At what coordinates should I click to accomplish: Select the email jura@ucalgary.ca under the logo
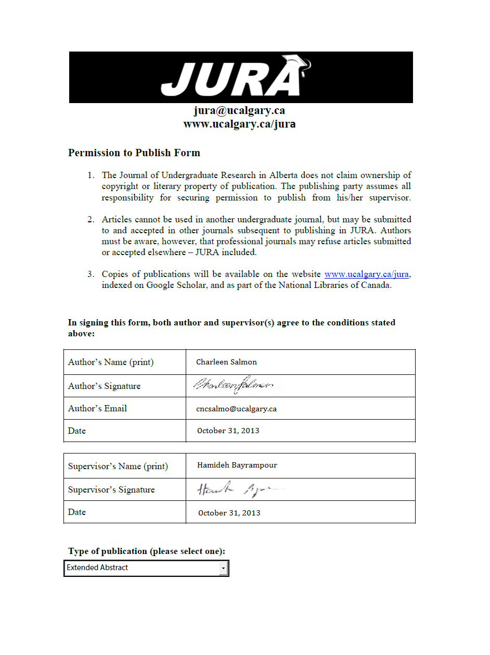(x=239, y=110)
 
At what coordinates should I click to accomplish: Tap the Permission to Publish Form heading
(x=134, y=153)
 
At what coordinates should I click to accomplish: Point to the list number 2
(x=91, y=219)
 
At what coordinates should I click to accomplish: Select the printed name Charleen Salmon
(x=226, y=362)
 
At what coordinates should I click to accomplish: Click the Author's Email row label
(x=97, y=408)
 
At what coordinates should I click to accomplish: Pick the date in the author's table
(x=228, y=431)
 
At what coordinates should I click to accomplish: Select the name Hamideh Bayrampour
(x=237, y=465)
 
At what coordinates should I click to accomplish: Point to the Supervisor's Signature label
(x=111, y=489)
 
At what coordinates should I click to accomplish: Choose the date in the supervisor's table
(x=229, y=513)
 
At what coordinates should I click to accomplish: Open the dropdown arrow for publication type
(x=223, y=568)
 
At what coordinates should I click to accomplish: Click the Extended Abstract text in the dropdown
(x=97, y=568)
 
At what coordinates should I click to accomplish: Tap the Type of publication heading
(x=146, y=551)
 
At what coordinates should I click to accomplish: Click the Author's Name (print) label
(x=111, y=362)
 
